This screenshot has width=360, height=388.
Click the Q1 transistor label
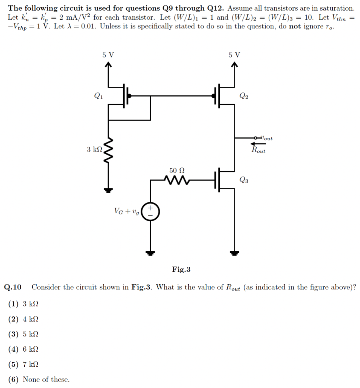(x=97, y=96)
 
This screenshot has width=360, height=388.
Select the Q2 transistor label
(x=244, y=96)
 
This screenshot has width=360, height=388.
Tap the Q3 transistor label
(x=244, y=180)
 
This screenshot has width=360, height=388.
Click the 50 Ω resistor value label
(x=177, y=170)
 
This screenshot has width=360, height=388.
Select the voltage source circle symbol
(x=151, y=211)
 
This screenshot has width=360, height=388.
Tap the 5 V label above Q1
(x=108, y=55)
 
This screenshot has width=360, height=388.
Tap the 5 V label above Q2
(x=235, y=55)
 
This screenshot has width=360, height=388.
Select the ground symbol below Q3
(x=235, y=252)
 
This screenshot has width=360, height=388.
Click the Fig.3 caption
(x=181, y=270)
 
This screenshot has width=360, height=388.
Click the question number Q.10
(x=13, y=287)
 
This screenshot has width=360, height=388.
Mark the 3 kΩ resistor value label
(x=94, y=149)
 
